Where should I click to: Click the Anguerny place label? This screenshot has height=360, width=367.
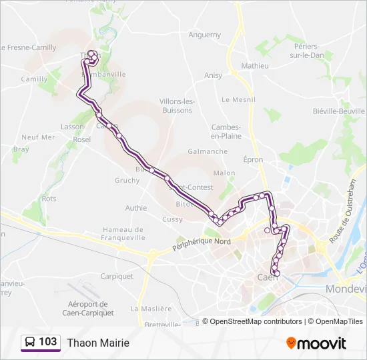(x=204, y=35)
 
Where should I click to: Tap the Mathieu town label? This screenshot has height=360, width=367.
(x=254, y=66)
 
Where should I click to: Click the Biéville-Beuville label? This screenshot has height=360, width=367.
(x=339, y=111)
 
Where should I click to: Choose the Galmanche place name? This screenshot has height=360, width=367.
(x=208, y=151)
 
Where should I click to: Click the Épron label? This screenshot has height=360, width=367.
(x=253, y=160)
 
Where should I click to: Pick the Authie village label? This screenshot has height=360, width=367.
(x=135, y=208)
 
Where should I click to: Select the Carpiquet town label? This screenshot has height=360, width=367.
(x=117, y=276)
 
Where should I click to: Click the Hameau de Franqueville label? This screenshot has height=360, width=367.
(x=123, y=233)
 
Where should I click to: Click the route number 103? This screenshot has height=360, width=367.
(x=47, y=342)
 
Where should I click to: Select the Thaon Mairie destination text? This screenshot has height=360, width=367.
(x=97, y=343)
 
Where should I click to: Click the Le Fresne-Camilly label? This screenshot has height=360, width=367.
(x=29, y=47)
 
